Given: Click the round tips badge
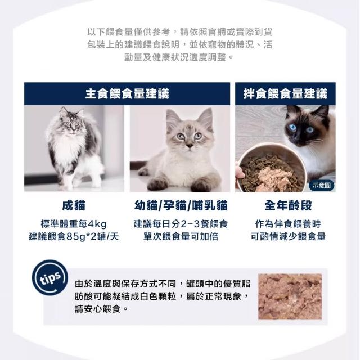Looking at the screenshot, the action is tap(50, 277).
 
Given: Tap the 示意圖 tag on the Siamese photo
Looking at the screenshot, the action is tap(321, 185).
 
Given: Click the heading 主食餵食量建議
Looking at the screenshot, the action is tap(127, 94).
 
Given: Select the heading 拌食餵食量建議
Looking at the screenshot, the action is tap(285, 94).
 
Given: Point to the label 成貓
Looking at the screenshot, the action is tap(74, 205).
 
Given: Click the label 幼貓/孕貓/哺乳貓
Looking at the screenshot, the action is tap(181, 205).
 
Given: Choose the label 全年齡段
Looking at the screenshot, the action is tap(288, 205).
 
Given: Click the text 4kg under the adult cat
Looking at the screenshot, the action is tap(97, 224).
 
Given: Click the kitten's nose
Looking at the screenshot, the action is tap(190, 145).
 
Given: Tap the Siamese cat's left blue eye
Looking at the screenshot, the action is tap(292, 127).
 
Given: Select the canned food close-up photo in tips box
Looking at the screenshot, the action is tap(290, 296).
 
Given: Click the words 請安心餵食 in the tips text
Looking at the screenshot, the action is tap(98, 309).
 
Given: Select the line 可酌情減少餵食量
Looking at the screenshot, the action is tap(288, 236).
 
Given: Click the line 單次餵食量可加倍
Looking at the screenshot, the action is tap(181, 236).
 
